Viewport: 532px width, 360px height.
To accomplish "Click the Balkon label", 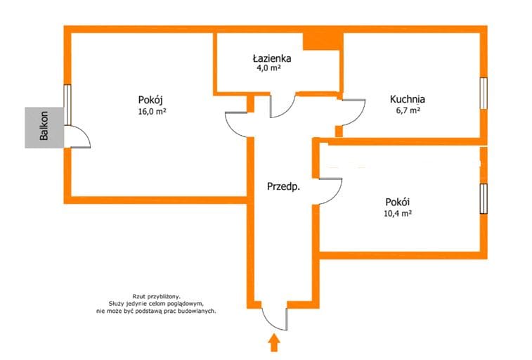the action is [x=44, y=126].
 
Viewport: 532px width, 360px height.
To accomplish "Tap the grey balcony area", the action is [x=44, y=127].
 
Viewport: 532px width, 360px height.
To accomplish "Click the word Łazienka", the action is [x=272, y=58].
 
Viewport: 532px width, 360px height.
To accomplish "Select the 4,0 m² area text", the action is [x=268, y=68].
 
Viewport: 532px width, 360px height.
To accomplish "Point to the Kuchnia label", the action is [x=407, y=99].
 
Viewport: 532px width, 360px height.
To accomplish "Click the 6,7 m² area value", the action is [x=408, y=110].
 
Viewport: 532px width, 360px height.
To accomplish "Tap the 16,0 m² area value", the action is [x=152, y=111].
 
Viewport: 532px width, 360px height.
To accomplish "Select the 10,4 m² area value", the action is [x=398, y=214].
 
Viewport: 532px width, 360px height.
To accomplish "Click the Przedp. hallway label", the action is [x=283, y=186].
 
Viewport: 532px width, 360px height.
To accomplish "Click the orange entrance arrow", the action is [x=274, y=342].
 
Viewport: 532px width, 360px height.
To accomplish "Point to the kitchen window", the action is [x=484, y=94].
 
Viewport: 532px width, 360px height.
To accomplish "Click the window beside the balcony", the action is [x=67, y=105].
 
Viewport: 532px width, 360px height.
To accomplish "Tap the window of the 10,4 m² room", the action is [x=484, y=199].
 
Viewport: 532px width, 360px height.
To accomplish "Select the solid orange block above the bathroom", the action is [x=323, y=41].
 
